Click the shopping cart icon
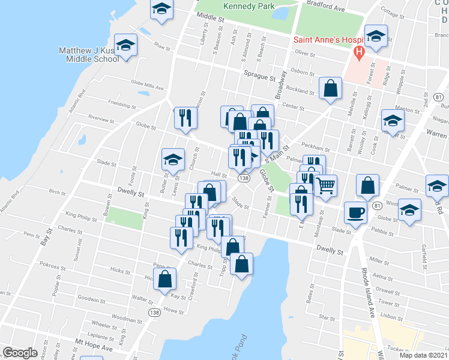[x=325, y=185]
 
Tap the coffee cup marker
[x=356, y=212]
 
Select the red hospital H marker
[x=359, y=52]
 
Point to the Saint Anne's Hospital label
[x=324, y=41]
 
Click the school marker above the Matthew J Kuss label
[x=126, y=46]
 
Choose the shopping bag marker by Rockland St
[x=331, y=88]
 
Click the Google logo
[x=20, y=352]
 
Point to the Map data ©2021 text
[x=424, y=355]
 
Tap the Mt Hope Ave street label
[x=94, y=346]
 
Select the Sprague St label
[x=259, y=77]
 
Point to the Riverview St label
[x=100, y=119]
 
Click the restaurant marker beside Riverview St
[x=186, y=118]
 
